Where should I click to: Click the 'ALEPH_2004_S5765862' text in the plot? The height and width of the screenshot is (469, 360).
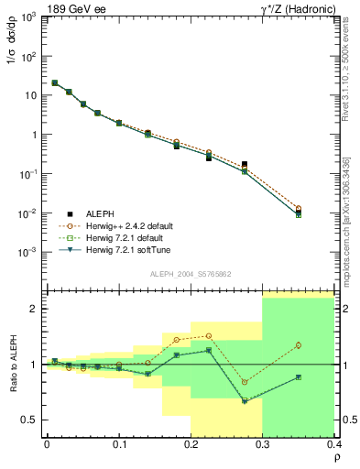tap(189, 274)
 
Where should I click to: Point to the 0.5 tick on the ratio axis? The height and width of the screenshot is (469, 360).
tap(32, 420)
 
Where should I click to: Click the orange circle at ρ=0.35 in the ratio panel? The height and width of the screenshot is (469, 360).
tap(299, 345)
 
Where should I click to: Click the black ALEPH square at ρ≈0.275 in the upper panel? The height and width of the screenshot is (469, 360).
tap(244, 165)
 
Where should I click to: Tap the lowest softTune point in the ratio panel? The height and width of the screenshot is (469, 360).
tap(244, 401)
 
